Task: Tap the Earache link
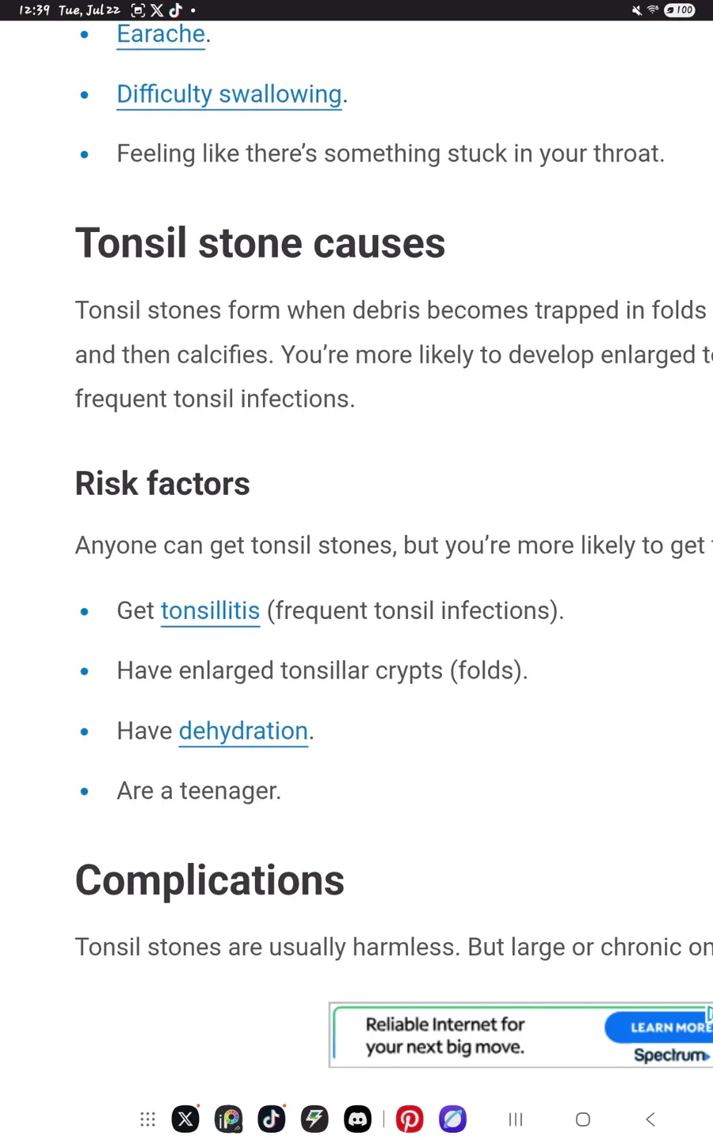pyautogui.click(x=161, y=34)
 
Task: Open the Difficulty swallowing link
pyautogui.click(x=229, y=94)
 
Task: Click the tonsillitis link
pyautogui.click(x=211, y=610)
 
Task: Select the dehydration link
pyautogui.click(x=243, y=731)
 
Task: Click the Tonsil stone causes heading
pyautogui.click(x=260, y=243)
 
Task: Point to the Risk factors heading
pyautogui.click(x=162, y=483)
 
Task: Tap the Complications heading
pyautogui.click(x=210, y=880)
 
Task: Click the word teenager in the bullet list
pyautogui.click(x=230, y=792)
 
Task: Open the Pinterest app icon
pyautogui.click(x=410, y=1119)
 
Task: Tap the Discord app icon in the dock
pyautogui.click(x=357, y=1119)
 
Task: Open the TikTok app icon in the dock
pyautogui.click(x=272, y=1119)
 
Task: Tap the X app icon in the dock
pyautogui.click(x=185, y=1119)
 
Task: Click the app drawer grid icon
pyautogui.click(x=147, y=1119)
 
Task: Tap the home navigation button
pyautogui.click(x=582, y=1119)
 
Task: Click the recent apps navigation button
pyautogui.click(x=516, y=1119)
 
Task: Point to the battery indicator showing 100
pyautogui.click(x=680, y=9)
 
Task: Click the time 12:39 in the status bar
pyautogui.click(x=34, y=9)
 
